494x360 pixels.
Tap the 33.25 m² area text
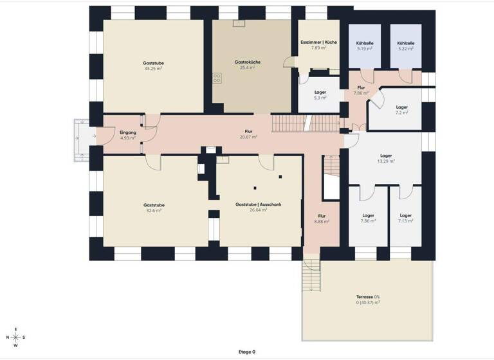[154, 68]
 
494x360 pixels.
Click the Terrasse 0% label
[369, 296]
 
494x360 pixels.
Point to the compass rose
[16, 337]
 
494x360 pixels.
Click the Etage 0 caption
[246, 352]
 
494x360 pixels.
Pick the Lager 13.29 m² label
[386, 156]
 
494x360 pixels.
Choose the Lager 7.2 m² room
[402, 110]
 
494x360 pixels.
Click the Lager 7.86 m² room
[368, 219]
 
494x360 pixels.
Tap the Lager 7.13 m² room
[405, 219]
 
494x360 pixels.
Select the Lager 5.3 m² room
[320, 95]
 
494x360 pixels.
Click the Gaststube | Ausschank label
[259, 204]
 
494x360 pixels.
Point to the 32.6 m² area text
[153, 210]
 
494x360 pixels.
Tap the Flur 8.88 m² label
[322, 219]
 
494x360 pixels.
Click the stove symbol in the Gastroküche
[217, 79]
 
